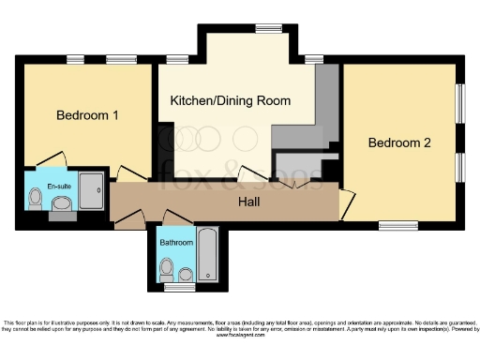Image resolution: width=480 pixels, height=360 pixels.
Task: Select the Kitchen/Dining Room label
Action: point(230,100)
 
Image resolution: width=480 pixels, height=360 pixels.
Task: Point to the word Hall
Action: point(247,201)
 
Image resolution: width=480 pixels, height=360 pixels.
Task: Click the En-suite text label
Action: point(58,187)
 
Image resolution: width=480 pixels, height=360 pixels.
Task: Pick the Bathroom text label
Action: point(176,242)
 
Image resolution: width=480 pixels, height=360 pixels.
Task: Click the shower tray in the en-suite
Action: point(91,190)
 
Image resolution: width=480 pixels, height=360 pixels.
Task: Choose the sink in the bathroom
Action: point(186,274)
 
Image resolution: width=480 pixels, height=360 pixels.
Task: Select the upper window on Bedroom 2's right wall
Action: point(459,104)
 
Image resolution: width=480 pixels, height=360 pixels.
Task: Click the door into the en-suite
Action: point(52,162)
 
